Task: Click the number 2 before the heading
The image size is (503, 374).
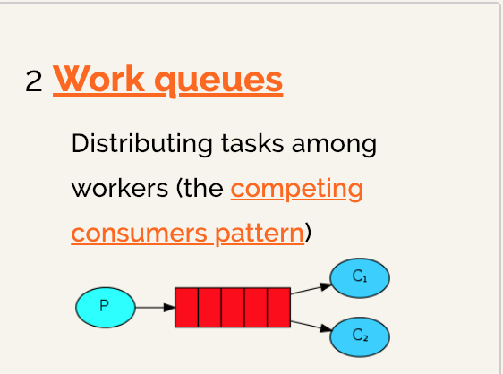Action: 34,81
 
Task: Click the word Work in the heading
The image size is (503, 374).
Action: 98,79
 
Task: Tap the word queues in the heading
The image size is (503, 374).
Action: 218,81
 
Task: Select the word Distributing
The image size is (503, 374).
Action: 141,144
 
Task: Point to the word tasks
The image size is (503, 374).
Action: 252,143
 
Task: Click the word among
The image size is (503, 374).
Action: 334,146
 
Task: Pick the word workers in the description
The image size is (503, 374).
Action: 120,188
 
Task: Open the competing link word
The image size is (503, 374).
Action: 297,190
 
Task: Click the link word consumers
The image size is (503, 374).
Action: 140,234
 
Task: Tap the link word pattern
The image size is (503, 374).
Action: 260,234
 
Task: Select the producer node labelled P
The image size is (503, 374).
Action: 106,307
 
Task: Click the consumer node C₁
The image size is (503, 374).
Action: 360,278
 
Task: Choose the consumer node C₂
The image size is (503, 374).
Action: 360,336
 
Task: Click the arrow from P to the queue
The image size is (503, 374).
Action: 155,307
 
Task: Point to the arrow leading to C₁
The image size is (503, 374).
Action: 311,288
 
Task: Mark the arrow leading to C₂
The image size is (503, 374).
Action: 311,327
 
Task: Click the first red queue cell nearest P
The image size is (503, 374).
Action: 187,308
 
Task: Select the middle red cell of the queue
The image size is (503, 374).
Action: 233,308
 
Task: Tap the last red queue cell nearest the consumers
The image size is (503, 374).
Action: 278,308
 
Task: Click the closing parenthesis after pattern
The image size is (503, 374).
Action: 308,233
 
